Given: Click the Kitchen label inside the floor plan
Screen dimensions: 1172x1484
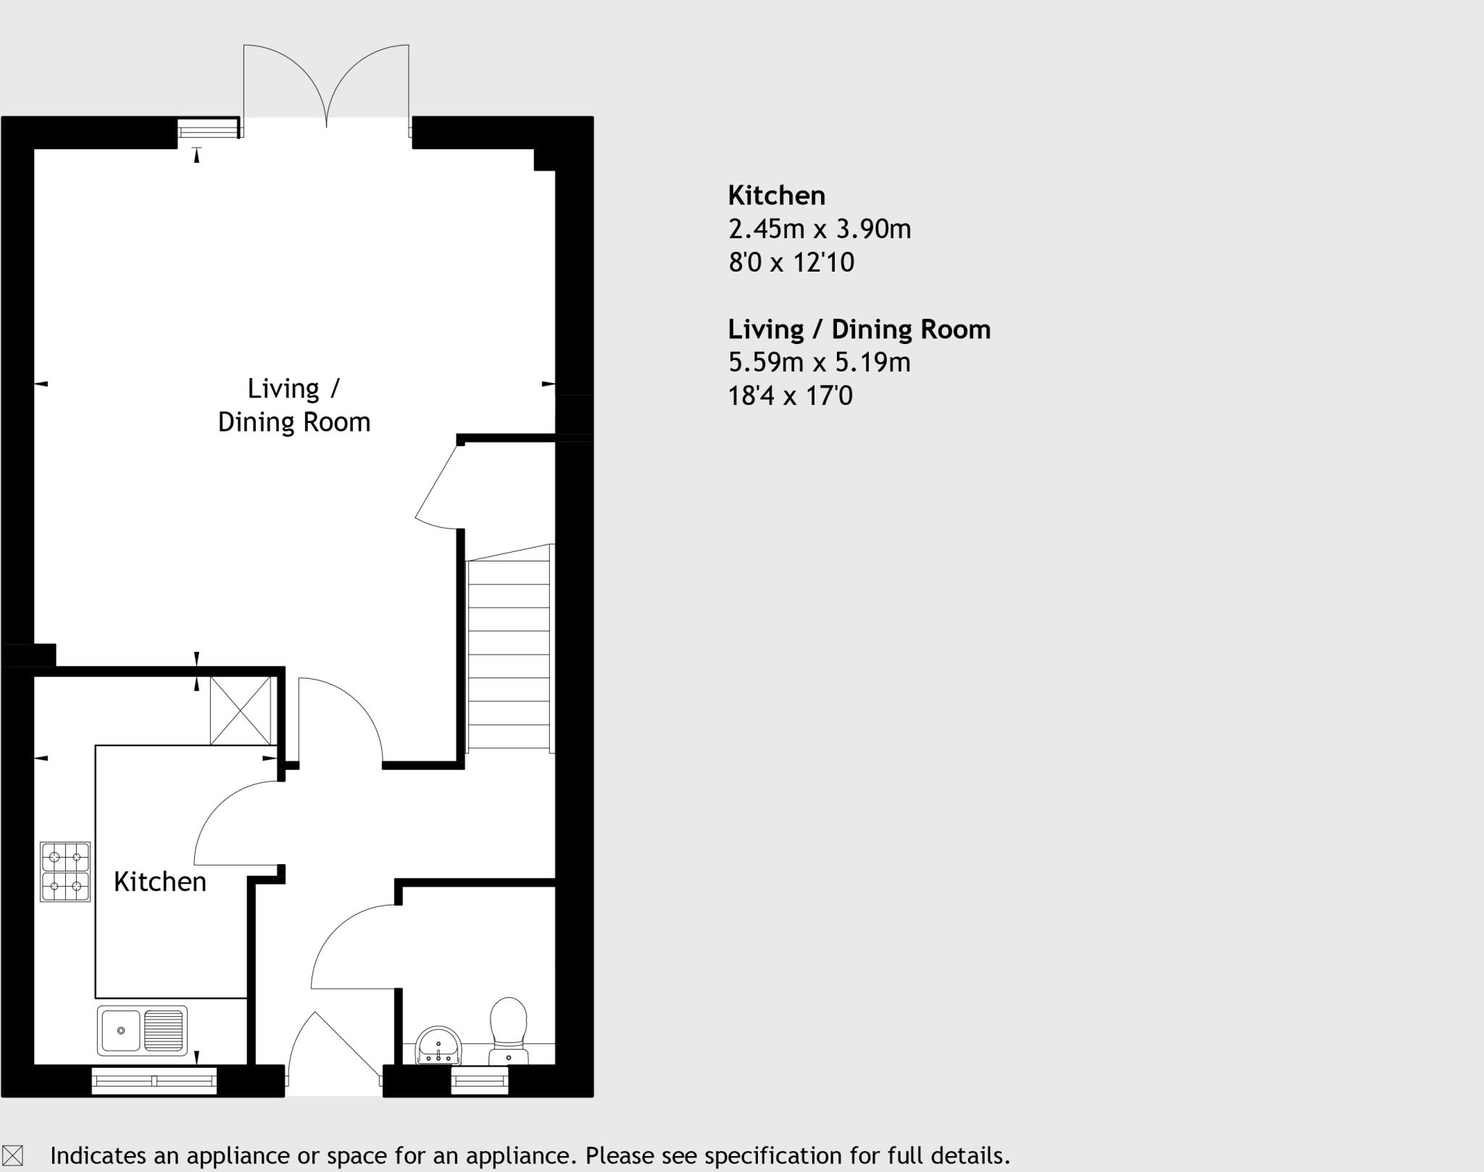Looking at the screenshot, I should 160,882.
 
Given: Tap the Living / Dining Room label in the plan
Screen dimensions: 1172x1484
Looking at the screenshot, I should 293,406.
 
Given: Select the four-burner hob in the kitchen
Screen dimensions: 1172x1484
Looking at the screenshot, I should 65,871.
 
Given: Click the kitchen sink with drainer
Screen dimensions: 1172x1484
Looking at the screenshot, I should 142,1030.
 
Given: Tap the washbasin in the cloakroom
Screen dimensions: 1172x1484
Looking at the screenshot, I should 438,1046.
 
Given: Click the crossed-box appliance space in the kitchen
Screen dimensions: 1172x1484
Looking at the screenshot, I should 241,710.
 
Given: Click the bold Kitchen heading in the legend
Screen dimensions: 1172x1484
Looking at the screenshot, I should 776,196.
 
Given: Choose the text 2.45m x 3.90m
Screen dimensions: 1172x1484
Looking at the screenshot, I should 820,229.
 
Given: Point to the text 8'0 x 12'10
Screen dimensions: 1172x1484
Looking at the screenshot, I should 791,262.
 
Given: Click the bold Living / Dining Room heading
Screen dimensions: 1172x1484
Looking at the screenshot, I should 859,329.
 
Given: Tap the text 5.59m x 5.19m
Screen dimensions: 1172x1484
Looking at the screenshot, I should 819,362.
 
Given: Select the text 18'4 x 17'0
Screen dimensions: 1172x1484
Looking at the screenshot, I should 790,396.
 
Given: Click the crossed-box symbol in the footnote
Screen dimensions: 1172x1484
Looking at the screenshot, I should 13,1155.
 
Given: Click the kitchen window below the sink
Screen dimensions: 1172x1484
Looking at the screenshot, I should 154,1081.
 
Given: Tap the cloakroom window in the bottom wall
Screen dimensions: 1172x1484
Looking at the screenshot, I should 480,1081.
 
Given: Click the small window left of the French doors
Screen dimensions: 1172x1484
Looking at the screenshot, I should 209,130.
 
